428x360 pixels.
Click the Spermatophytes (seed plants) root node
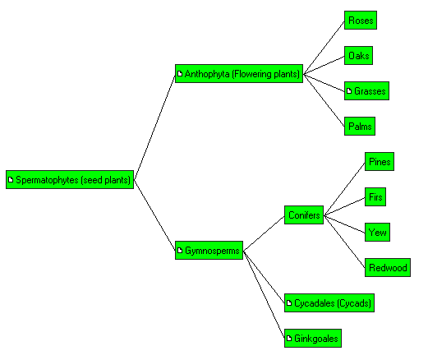click(70, 180)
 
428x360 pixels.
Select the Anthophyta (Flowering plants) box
click(239, 74)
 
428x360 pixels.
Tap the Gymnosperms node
click(209, 251)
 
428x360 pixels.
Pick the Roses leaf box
click(361, 21)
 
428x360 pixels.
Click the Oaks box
click(358, 56)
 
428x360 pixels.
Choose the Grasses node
click(366, 91)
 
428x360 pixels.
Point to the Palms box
click(360, 127)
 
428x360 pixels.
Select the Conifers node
click(304, 215)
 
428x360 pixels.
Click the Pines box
click(380, 162)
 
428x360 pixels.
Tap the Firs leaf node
click(375, 197)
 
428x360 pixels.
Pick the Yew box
click(377, 233)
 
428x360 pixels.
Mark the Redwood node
click(388, 268)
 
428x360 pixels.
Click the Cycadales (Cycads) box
click(329, 303)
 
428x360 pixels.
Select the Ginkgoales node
click(313, 339)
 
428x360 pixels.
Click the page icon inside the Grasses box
click(349, 91)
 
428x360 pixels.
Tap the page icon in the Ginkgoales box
click(289, 339)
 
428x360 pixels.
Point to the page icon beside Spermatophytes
click(11, 180)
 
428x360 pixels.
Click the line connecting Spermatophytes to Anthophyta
click(154, 127)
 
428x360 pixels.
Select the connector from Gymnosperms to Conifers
click(264, 233)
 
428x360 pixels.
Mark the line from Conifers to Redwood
click(344, 242)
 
